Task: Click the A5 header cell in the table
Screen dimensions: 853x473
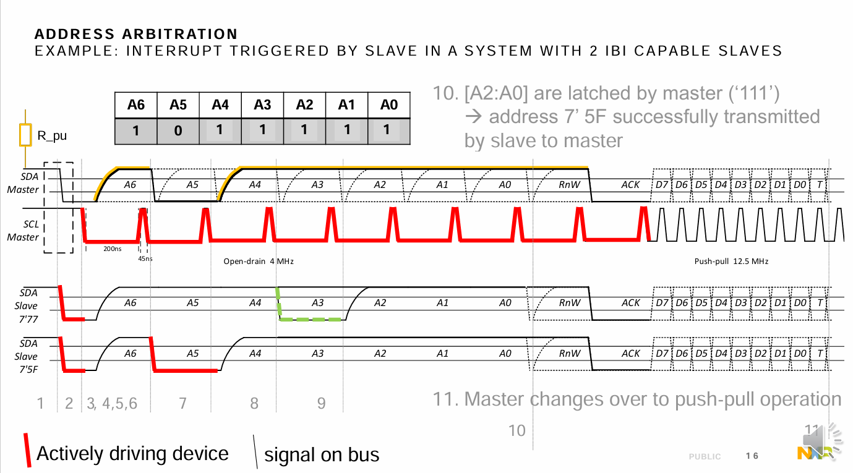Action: [178, 105]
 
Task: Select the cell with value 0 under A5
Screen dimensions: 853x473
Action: [178, 131]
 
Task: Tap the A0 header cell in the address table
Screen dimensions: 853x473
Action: [389, 105]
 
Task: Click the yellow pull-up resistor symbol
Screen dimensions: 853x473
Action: [25, 135]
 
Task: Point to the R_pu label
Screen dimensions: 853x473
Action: [52, 135]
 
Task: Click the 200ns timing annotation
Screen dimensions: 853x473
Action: [113, 249]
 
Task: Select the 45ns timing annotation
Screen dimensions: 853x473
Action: [145, 259]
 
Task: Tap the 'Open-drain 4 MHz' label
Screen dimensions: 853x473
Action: [259, 262]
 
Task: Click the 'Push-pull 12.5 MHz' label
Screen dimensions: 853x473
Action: [731, 262]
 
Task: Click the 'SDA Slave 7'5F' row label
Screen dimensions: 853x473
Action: [27, 357]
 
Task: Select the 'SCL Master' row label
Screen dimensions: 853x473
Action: [23, 231]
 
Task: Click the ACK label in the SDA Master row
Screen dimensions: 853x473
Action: [630, 185]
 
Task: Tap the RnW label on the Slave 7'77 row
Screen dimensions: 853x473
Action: [570, 303]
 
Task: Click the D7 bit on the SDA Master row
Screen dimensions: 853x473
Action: [662, 185]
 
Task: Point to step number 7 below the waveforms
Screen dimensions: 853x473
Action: [183, 403]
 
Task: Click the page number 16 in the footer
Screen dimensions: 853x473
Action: [752, 456]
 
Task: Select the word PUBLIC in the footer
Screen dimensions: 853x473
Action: [705, 457]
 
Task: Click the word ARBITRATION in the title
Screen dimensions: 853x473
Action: [180, 34]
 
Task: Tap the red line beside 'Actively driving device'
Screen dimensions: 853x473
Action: [27, 450]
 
